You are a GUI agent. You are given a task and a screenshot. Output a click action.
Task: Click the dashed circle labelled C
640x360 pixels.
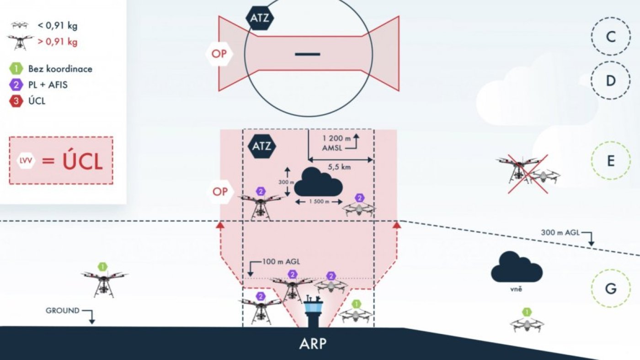pyautogui.click(x=611, y=37)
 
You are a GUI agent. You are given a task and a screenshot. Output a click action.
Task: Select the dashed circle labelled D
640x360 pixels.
pyautogui.click(x=611, y=81)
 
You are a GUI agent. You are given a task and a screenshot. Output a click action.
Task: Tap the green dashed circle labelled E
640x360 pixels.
pyautogui.click(x=611, y=161)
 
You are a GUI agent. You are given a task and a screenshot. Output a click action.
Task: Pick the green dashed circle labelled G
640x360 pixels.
pyautogui.click(x=611, y=289)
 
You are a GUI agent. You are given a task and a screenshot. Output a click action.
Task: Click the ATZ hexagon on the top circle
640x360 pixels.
pyautogui.click(x=260, y=19)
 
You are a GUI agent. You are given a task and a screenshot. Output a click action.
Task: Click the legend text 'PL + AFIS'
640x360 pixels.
pyautogui.click(x=48, y=85)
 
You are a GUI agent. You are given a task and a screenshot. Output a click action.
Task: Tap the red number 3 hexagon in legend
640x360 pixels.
pyautogui.click(x=16, y=101)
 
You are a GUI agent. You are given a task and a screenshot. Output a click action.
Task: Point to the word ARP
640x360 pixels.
pyautogui.click(x=313, y=344)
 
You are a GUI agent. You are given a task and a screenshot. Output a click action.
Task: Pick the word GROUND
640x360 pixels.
pyautogui.click(x=63, y=311)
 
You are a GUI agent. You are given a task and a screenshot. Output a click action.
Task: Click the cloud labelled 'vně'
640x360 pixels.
pyautogui.click(x=517, y=268)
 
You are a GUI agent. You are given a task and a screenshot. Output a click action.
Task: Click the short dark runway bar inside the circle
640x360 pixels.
pyautogui.click(x=307, y=54)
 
